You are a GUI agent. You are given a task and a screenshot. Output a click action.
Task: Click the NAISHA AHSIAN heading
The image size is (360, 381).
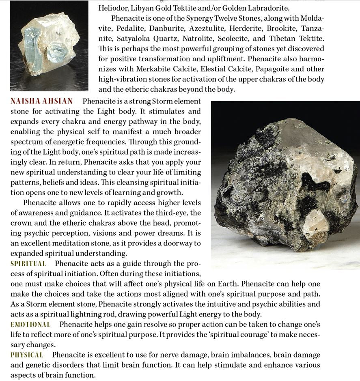[41, 101]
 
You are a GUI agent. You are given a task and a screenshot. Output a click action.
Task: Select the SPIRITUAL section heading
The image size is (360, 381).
[28, 264]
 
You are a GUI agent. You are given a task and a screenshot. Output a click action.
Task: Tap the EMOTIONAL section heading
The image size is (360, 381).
[30, 324]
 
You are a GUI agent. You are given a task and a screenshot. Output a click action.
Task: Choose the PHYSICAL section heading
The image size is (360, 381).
[27, 355]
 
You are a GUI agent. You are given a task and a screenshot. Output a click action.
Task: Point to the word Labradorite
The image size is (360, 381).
[269, 8]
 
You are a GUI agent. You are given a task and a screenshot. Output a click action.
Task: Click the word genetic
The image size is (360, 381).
[30, 365]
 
